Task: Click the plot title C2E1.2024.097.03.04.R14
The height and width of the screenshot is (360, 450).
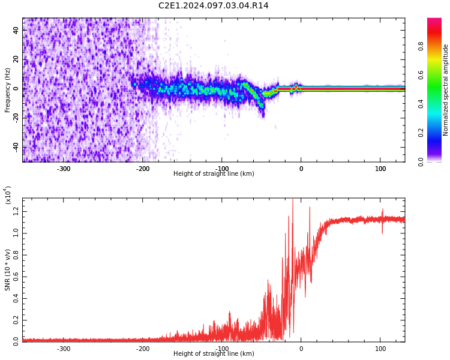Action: [213, 6]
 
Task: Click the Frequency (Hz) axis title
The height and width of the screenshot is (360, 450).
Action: [8, 90]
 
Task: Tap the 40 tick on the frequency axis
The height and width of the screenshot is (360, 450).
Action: [16, 30]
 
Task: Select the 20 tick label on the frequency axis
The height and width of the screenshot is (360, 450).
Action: [16, 59]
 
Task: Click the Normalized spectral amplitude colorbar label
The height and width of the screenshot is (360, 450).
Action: [446, 90]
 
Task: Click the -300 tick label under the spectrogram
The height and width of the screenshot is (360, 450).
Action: [63, 169]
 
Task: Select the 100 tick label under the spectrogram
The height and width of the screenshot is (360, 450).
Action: [380, 169]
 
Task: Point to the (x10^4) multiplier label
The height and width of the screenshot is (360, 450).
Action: [8, 195]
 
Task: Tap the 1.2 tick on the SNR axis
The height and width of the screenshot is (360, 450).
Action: [16, 210]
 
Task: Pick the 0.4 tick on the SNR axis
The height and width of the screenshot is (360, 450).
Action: [16, 298]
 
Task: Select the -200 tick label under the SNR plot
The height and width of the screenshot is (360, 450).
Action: [142, 349]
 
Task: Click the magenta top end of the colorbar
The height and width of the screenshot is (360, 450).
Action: [434, 22]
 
